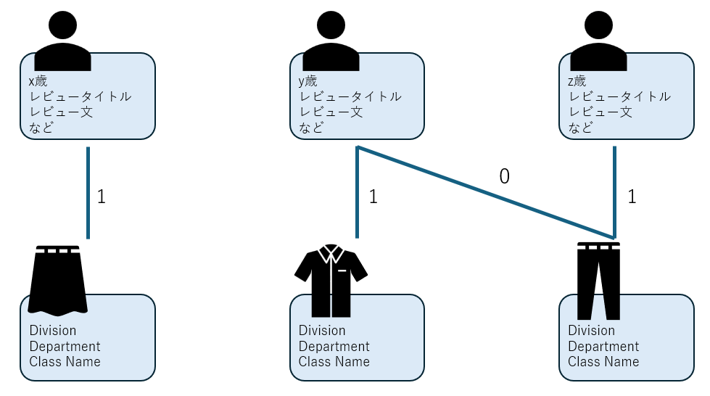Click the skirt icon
pos(58,280)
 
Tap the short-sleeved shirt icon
pos(331,280)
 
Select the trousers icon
pos(598,280)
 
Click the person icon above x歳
pos(62,42)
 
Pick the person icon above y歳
pos(331,42)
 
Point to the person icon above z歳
pos(599,42)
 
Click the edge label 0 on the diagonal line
pos(504,176)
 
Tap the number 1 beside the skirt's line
pos(102,197)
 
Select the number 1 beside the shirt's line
pos(373,197)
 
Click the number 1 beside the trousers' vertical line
pos(632,197)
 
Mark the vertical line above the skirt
pos(88,192)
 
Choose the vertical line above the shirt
pos(358,192)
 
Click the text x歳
pos(38,81)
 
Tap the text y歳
pos(307,81)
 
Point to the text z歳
pos(577,81)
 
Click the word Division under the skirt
pos(53,331)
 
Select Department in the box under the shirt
pos(334,347)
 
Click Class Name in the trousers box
pos(603,362)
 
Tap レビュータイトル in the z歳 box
pos(620,96)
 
